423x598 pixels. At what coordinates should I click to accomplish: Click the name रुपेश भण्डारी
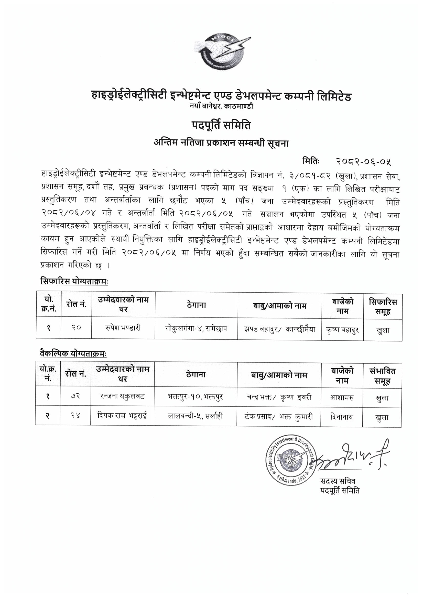click(x=124, y=328)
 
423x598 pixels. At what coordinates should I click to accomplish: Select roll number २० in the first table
click(x=76, y=328)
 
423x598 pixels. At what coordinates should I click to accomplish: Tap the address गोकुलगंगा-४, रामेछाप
click(x=196, y=328)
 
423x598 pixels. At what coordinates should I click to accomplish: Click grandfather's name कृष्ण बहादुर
click(x=342, y=330)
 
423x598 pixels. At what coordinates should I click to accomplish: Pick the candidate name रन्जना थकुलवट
click(x=122, y=396)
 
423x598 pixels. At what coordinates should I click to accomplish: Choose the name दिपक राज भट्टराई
click(x=122, y=416)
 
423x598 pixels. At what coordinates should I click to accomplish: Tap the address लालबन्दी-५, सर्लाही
click(x=195, y=416)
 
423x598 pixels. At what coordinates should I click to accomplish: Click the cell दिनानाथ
click(x=341, y=417)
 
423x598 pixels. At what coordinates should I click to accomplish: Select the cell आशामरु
click(x=341, y=397)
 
